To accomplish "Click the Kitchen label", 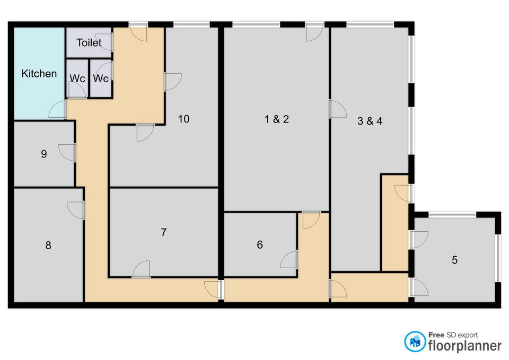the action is pos(39,74).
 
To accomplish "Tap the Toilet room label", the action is pos(89,42).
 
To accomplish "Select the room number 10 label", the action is pos(184,119).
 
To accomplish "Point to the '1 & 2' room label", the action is pos(277,119).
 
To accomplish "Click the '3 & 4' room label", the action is pos(370,121).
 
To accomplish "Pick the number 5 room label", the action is pos(454,260).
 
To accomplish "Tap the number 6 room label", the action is pos(260,245).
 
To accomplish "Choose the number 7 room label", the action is pos(164,232).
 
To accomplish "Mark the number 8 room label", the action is pos(48,245).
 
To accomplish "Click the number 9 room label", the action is pos(44,154).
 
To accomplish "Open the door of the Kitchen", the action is pos(57,109).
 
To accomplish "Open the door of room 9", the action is pos(67,153).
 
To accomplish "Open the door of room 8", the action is pos(76,210).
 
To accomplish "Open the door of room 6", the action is pos(289,259).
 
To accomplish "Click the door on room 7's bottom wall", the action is pos(141,269).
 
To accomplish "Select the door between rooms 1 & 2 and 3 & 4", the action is pos(338,109).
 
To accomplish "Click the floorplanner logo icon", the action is pos(415,341).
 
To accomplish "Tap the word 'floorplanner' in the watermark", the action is pos(465,346).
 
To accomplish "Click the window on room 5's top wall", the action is pos(452,215).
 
